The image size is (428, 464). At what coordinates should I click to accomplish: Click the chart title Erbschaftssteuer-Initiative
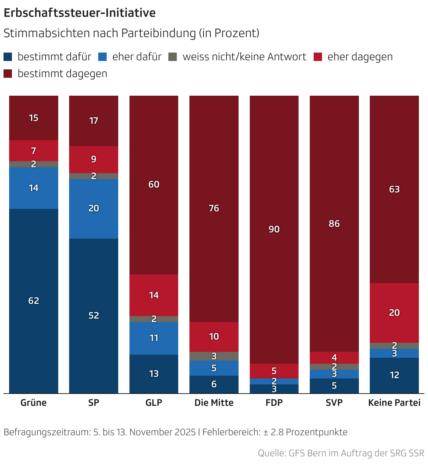click(x=80, y=13)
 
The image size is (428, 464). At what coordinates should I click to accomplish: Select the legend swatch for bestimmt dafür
click(x=8, y=57)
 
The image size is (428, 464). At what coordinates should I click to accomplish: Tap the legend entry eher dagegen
click(x=360, y=57)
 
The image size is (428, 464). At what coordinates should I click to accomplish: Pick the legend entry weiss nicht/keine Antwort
click(x=244, y=57)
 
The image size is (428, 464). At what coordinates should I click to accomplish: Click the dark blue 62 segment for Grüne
click(x=34, y=301)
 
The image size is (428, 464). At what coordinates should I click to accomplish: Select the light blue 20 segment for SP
click(x=94, y=209)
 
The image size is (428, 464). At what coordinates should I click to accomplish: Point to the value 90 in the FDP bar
click(x=274, y=229)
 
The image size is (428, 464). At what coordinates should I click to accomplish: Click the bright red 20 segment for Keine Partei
click(x=394, y=313)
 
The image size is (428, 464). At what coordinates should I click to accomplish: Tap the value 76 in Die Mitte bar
click(x=214, y=209)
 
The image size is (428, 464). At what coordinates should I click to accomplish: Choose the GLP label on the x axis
click(x=154, y=403)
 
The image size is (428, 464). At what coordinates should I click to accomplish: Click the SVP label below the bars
click(x=334, y=403)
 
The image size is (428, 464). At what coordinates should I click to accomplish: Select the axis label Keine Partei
click(x=394, y=403)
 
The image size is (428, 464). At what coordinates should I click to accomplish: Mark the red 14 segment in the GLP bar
click(x=154, y=295)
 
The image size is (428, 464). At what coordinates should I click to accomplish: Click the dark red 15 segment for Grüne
click(x=34, y=118)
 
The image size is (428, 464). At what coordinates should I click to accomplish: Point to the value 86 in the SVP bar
click(x=334, y=224)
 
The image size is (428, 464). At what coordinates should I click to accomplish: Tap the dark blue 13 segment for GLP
click(x=154, y=374)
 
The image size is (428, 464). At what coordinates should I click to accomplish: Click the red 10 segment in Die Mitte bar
click(x=214, y=336)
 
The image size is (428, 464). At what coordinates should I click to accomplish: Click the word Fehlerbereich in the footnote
click(x=231, y=432)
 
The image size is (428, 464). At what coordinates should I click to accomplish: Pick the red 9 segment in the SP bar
click(x=94, y=159)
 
